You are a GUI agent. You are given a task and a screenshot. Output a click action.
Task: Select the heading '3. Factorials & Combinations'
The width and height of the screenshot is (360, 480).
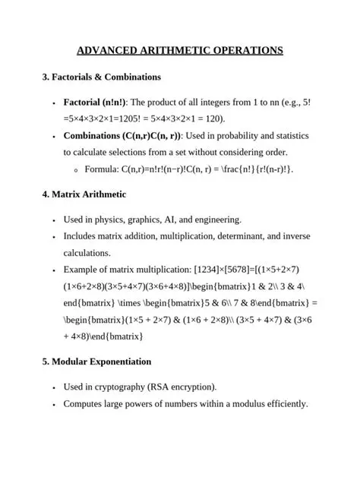[101, 77]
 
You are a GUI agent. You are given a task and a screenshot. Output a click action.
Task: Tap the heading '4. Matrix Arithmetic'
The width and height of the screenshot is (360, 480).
[84, 194]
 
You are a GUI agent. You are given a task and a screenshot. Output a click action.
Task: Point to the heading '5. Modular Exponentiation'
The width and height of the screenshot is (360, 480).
[96, 362]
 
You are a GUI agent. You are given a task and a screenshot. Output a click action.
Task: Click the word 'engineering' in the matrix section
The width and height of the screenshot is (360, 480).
[219, 219]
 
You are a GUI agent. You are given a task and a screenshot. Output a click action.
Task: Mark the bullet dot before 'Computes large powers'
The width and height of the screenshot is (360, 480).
[53, 404]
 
